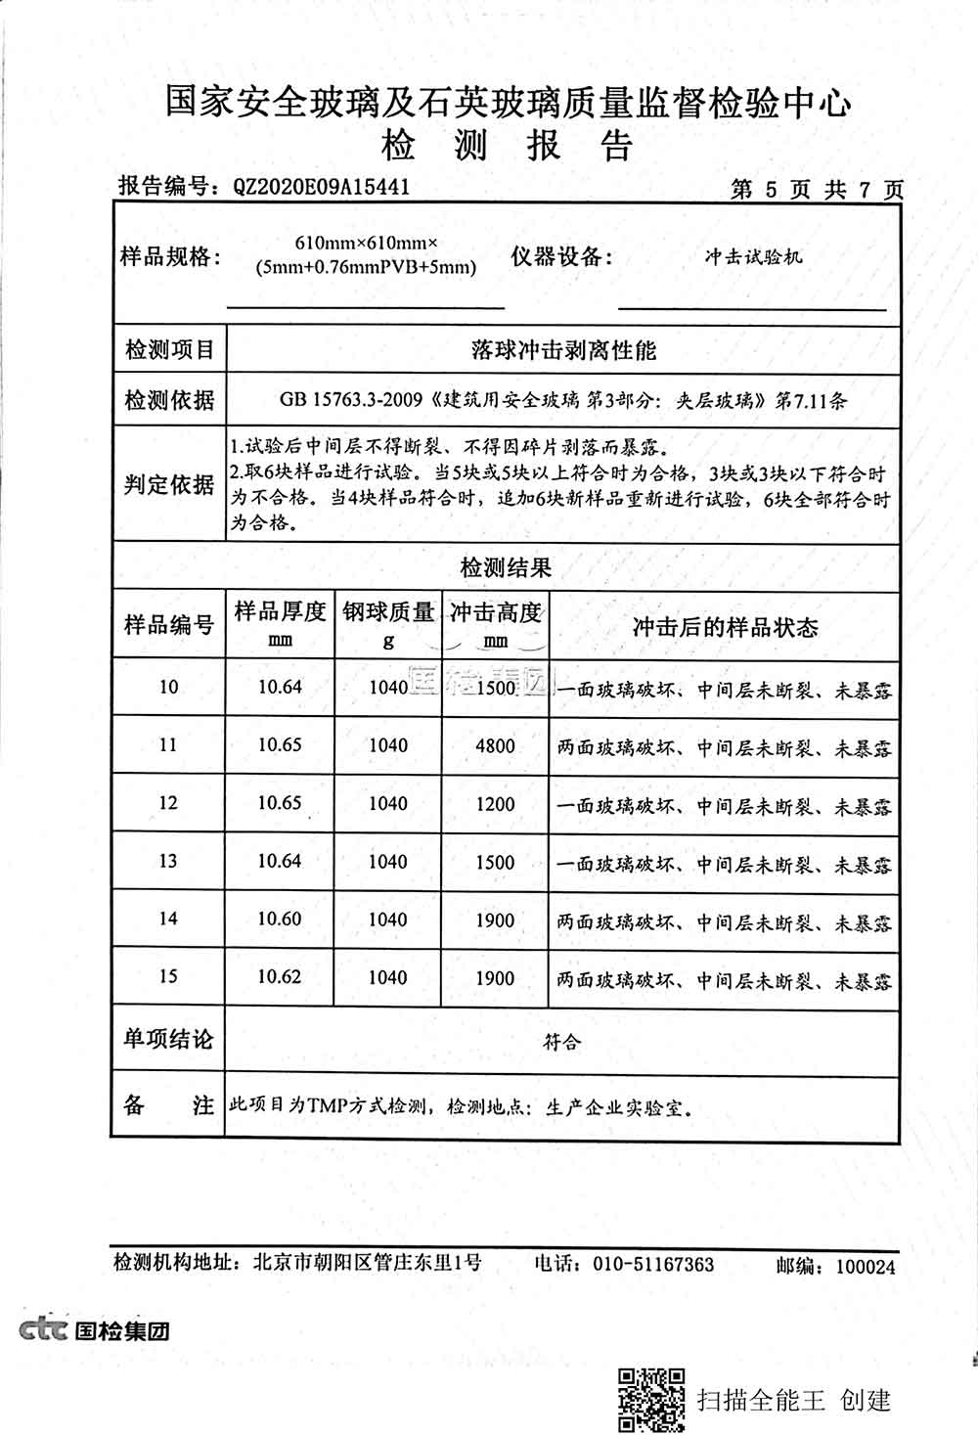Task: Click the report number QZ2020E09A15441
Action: click(x=321, y=186)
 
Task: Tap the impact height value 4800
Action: click(x=495, y=745)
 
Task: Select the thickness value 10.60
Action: click(x=280, y=919)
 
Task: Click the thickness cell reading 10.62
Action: click(x=280, y=976)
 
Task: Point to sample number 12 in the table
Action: click(x=168, y=803)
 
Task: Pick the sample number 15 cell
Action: click(x=168, y=976)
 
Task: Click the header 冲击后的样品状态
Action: click(x=724, y=627)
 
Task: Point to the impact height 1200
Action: click(x=495, y=803)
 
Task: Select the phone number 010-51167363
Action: click(x=653, y=1264)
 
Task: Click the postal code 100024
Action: click(x=865, y=1266)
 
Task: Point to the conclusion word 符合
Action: click(x=561, y=1042)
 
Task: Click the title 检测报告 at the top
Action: click(x=507, y=146)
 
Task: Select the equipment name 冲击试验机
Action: click(x=753, y=256)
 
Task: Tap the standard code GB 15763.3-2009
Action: click(x=350, y=400)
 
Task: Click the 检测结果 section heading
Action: click(x=506, y=567)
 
